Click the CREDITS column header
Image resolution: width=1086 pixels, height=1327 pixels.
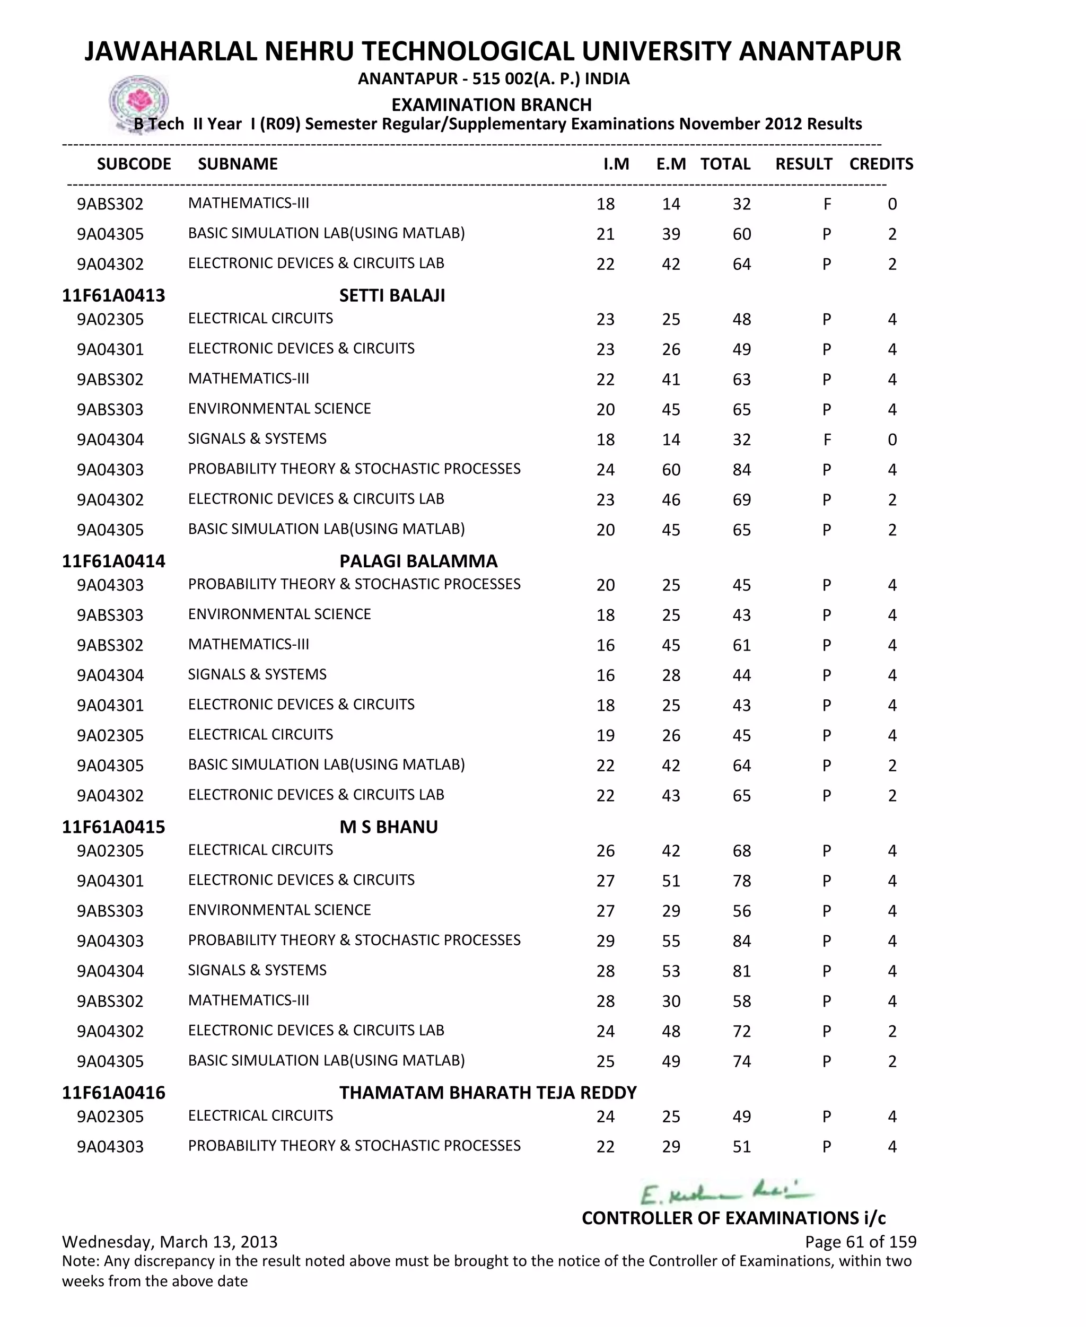pos(881,164)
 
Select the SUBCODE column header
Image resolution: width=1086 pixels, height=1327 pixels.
pos(134,164)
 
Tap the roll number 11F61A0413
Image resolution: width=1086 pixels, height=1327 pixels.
pos(113,295)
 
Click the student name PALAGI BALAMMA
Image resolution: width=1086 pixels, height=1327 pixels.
pos(418,561)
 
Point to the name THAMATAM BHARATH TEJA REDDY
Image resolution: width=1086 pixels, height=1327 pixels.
pos(487,1093)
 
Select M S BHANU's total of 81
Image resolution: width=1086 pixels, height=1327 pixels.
pos(741,971)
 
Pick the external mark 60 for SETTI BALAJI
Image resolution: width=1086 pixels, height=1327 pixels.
pos(671,470)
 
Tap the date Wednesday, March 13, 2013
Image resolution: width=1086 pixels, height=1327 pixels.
pos(170,1242)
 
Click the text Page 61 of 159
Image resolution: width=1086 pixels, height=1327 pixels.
pos(860,1242)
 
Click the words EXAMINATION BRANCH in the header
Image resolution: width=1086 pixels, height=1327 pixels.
pos(491,104)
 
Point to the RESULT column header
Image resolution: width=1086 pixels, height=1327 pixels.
pos(803,164)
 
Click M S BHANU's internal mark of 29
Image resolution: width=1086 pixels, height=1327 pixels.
pos(605,941)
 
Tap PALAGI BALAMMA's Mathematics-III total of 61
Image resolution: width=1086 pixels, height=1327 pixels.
pos(741,645)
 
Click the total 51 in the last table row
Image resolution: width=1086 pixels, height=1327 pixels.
pos(741,1147)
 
